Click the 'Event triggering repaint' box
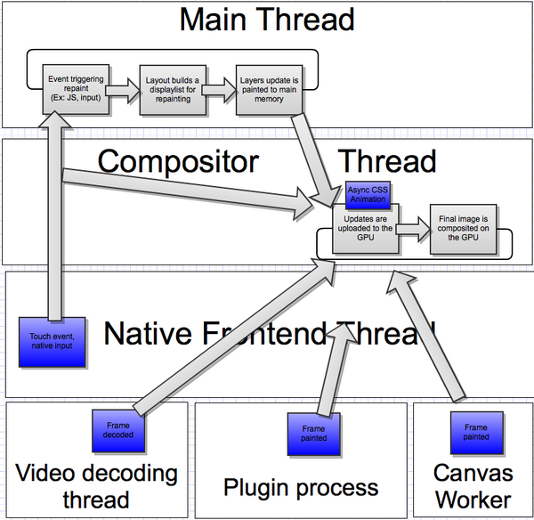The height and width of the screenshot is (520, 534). [75, 89]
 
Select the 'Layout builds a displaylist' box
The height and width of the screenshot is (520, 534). [171, 89]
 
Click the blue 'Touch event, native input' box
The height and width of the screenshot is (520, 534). [52, 343]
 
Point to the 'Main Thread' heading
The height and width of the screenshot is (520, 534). [266, 20]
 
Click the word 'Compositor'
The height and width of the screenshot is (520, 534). [177, 161]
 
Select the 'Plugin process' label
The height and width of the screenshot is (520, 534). [300, 487]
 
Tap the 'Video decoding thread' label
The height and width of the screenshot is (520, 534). [96, 485]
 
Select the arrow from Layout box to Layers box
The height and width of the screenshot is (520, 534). [216, 89]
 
